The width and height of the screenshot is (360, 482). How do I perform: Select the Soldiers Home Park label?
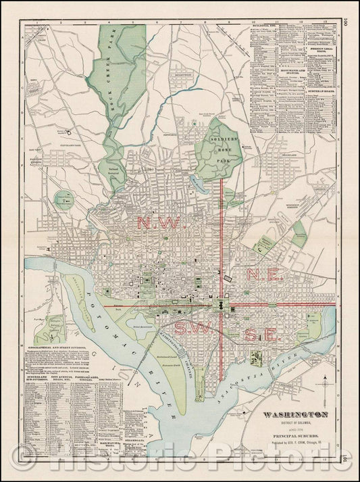coord(222,149)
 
